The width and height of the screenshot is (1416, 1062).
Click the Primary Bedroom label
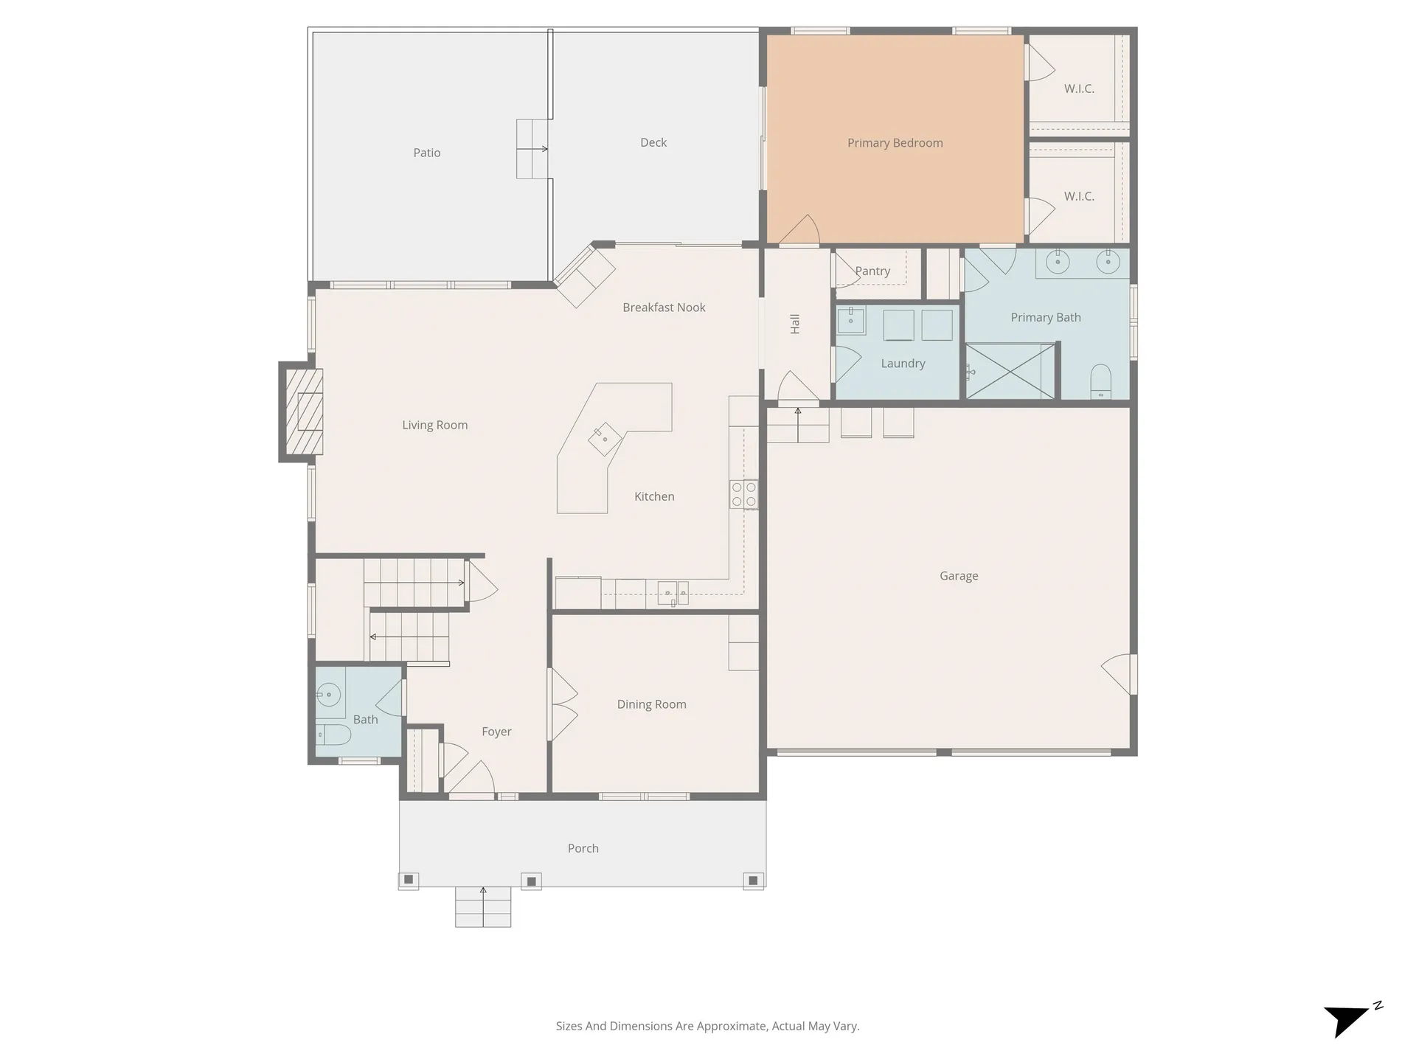point(895,143)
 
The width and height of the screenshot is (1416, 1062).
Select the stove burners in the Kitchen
point(743,494)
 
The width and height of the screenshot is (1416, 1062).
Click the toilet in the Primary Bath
point(1100,381)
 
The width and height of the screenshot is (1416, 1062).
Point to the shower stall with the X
point(1010,371)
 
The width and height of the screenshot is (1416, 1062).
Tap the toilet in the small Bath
point(334,734)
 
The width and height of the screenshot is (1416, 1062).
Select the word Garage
point(959,576)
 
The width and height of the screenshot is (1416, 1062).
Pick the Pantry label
point(872,271)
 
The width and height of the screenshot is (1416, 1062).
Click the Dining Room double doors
point(563,704)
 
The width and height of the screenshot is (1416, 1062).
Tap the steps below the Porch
point(483,907)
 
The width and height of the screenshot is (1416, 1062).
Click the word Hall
point(795,324)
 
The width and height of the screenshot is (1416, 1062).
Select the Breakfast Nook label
point(664,308)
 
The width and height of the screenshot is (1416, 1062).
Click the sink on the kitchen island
point(605,439)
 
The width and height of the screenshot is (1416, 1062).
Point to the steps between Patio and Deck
point(533,149)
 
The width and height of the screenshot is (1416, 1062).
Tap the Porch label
point(583,849)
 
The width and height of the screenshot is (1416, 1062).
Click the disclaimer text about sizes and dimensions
point(707,1026)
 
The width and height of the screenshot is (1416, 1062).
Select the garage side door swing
point(1118,673)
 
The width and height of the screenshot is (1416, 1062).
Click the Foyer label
point(496,732)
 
